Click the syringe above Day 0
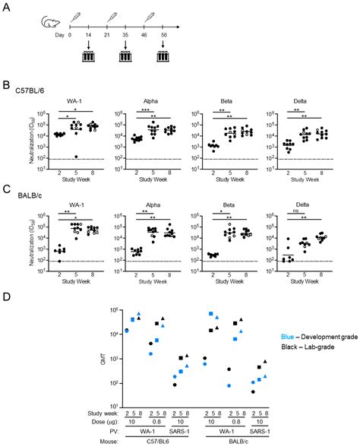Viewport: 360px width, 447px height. [74, 16]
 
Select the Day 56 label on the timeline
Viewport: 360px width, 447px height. [165, 35]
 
